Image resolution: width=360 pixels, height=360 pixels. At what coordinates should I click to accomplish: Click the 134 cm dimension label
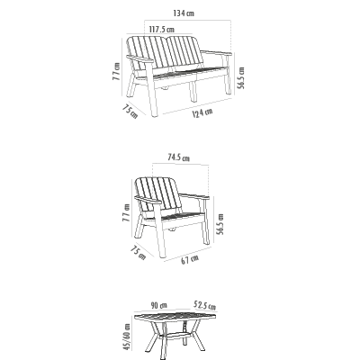184,13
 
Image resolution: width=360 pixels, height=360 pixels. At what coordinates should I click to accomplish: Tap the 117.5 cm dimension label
161,30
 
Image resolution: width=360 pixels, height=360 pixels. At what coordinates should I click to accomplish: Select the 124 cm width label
202,112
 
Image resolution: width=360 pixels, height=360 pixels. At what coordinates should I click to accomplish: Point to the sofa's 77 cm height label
116,71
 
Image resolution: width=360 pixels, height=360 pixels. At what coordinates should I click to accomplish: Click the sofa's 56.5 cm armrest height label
241,78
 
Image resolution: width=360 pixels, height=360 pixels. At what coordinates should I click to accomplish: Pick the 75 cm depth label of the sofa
130,111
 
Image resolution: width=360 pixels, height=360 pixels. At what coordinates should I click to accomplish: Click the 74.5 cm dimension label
179,157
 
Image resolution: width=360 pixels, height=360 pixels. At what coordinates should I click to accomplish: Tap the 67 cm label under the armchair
190,259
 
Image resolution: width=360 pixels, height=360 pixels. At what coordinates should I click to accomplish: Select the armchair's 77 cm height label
127,212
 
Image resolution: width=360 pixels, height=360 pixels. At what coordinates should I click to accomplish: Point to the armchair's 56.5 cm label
220,224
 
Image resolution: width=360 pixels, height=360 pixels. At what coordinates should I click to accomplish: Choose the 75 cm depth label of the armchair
139,253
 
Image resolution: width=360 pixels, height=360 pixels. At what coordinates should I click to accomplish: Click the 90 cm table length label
159,306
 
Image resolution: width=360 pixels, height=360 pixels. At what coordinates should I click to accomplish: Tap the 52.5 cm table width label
205,305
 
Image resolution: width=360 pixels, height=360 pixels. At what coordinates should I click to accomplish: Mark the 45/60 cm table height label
127,337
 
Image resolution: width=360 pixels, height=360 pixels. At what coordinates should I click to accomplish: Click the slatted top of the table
175,317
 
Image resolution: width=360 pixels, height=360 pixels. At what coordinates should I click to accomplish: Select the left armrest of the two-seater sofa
139,58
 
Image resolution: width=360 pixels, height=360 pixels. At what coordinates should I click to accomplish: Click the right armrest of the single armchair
194,196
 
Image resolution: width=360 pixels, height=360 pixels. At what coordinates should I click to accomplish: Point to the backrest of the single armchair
158,193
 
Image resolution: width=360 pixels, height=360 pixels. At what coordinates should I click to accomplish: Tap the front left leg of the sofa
152,89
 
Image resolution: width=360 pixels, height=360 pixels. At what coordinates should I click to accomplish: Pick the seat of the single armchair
182,216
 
